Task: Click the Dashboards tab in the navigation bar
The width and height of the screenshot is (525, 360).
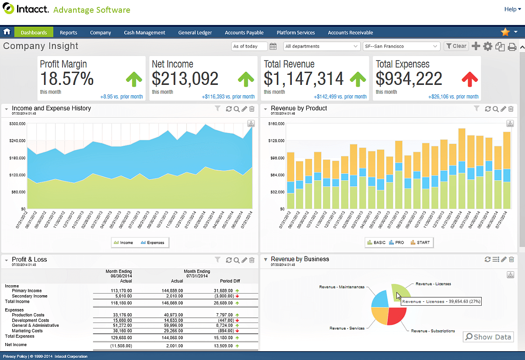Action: [x=34, y=32]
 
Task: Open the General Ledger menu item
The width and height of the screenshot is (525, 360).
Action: [x=195, y=32]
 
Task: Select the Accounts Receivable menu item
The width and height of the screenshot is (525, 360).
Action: [x=350, y=32]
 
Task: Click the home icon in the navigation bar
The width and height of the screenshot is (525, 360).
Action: [x=7, y=32]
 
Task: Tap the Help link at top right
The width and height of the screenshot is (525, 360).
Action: [x=511, y=9]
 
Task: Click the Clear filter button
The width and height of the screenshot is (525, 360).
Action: [x=456, y=46]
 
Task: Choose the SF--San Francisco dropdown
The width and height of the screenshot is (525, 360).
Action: [x=401, y=46]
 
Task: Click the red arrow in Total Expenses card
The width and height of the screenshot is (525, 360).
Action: [x=470, y=79]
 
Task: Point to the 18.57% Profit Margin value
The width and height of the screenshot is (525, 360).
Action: [x=67, y=79]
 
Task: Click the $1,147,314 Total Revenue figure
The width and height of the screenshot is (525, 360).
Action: [x=304, y=79]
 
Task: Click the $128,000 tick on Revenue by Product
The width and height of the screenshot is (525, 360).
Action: [x=276, y=141]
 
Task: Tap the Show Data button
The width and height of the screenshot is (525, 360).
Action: [x=488, y=337]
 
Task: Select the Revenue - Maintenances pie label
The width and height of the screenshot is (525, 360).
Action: [x=342, y=287]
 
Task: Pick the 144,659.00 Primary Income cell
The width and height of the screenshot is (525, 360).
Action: [x=172, y=290]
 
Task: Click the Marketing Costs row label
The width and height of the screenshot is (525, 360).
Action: [x=28, y=331]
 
